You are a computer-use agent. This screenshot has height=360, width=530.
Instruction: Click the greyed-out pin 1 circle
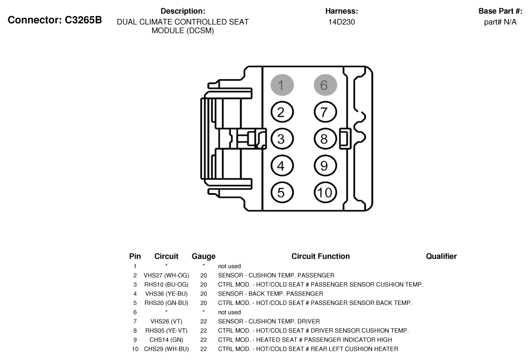(281, 85)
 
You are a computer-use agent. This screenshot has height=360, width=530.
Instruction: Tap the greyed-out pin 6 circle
(325, 85)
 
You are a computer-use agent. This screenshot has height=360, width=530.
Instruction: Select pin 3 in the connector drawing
(281, 139)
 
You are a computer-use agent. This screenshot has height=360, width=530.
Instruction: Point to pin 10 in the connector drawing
(325, 193)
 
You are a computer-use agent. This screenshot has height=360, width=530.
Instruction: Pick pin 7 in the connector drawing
(325, 112)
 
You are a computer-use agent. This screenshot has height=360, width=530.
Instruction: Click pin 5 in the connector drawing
(281, 193)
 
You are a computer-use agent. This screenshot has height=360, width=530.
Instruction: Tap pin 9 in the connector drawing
(325, 165)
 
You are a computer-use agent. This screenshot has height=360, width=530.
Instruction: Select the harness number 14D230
(341, 22)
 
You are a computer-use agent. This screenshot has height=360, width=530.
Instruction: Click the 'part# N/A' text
(500, 22)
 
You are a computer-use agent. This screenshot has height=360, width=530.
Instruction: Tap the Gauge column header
(204, 257)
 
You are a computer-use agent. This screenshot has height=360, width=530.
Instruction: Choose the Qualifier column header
(441, 257)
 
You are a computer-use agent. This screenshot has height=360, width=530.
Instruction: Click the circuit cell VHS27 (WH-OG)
(166, 275)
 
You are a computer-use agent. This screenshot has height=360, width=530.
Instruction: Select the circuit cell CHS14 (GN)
(166, 340)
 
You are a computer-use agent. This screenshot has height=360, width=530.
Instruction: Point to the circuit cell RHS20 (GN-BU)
(166, 303)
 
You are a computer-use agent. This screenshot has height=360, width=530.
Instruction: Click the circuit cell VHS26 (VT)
(166, 322)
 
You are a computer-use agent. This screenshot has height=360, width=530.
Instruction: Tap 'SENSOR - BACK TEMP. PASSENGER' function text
(270, 294)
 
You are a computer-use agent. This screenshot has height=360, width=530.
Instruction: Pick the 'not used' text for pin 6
(229, 312)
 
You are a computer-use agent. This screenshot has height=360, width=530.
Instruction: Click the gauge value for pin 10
(204, 349)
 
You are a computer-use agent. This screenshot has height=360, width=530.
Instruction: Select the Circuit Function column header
(320, 257)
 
